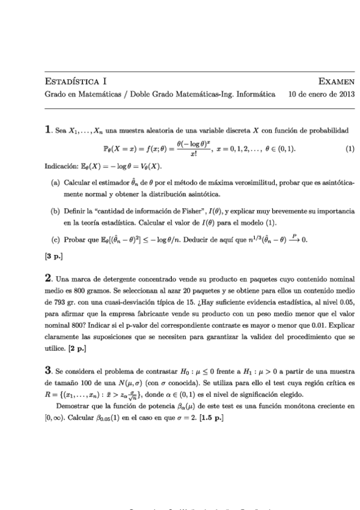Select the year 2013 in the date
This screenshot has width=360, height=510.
tap(346, 94)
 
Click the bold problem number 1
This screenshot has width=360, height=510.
tap(48, 129)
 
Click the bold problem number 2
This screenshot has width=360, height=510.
tap(48, 279)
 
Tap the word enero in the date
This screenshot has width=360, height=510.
tap(319, 94)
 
